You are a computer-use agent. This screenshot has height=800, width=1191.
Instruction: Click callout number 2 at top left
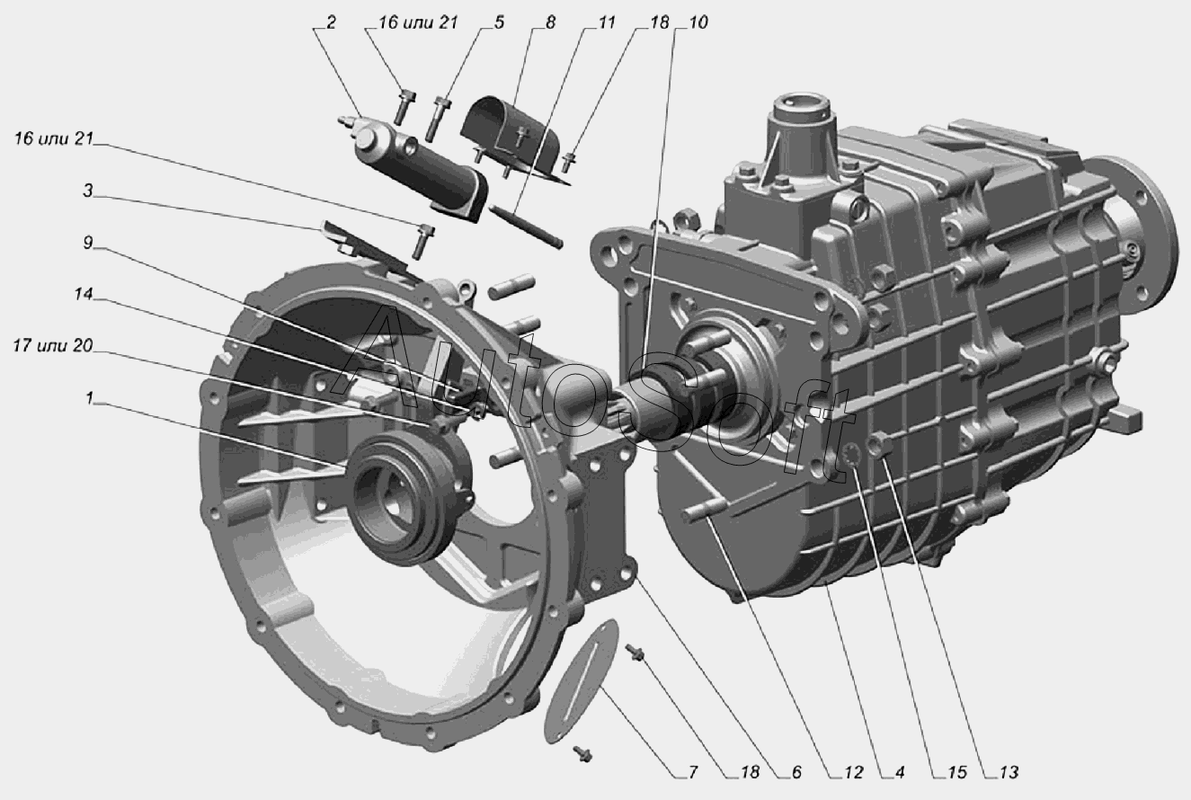point(331,22)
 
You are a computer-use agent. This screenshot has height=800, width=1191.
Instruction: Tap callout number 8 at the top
point(550,22)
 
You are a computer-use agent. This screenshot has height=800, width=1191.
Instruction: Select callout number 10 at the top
point(698,22)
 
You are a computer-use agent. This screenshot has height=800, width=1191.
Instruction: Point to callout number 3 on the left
point(88,191)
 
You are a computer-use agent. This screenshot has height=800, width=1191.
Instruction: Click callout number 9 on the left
point(88,243)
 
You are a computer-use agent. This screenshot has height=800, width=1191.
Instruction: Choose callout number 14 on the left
point(84,294)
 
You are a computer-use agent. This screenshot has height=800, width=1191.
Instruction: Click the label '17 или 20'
point(53,346)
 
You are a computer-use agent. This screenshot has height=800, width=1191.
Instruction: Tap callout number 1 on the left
point(90,397)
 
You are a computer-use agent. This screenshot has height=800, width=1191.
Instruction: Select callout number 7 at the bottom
point(692,772)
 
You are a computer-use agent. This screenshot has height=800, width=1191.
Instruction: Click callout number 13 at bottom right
point(1009,772)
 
